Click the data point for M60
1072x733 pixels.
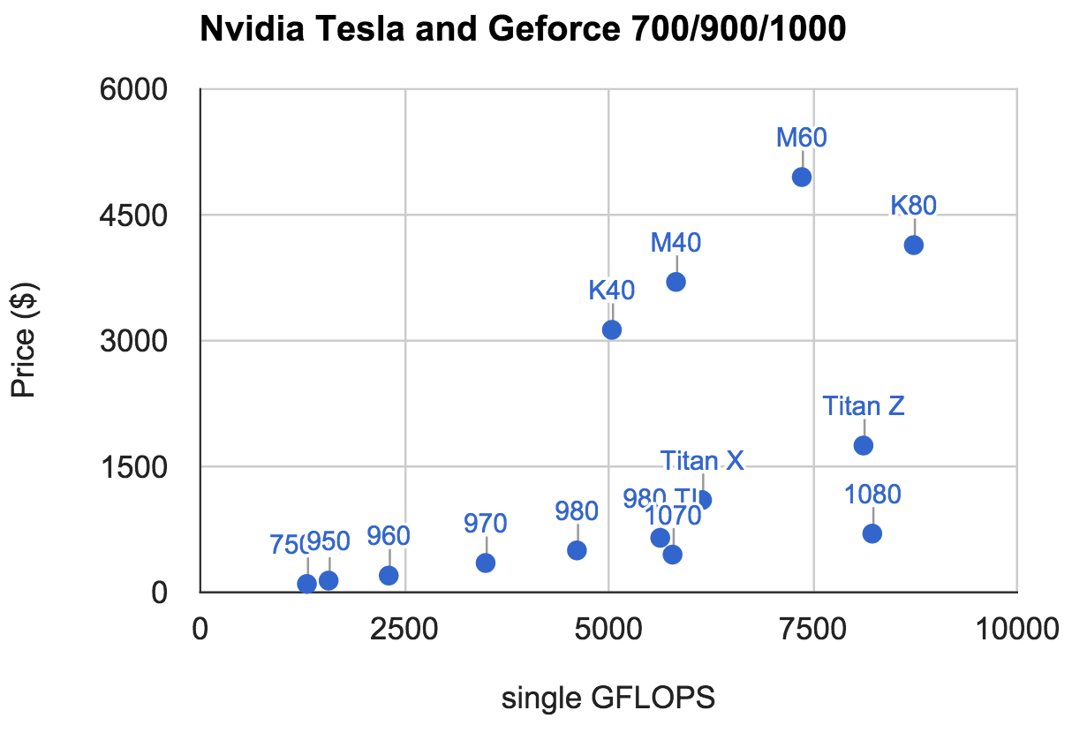pyautogui.click(x=802, y=177)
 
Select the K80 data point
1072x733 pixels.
pyautogui.click(x=914, y=245)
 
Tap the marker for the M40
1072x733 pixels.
pyautogui.click(x=676, y=282)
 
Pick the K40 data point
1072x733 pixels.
pyautogui.click(x=612, y=329)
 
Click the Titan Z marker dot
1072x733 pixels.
pyautogui.click(x=864, y=445)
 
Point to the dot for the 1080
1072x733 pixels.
pyautogui.click(x=872, y=533)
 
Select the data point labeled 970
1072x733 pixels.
pyautogui.click(x=486, y=563)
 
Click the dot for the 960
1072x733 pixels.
pyautogui.click(x=389, y=575)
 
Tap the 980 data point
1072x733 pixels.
pyautogui.click(x=577, y=550)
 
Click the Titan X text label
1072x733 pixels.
pyautogui.click(x=703, y=461)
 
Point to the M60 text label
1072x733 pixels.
pyautogui.click(x=802, y=138)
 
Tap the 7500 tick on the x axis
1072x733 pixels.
pyautogui.click(x=812, y=629)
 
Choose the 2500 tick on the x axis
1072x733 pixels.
pyautogui.click(x=404, y=629)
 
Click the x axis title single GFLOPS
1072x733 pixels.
pyautogui.click(x=608, y=699)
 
